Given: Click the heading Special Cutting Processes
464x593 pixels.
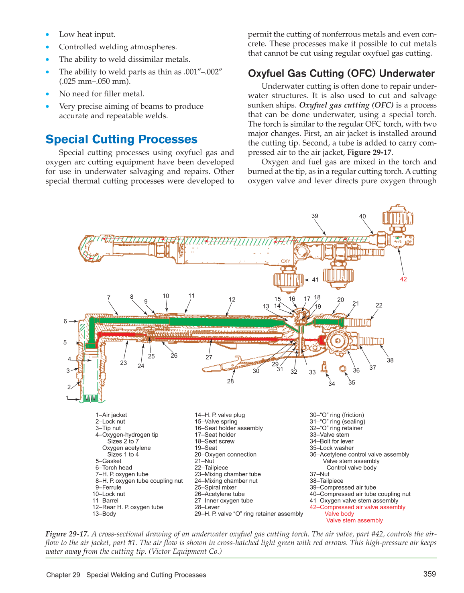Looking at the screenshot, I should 121,139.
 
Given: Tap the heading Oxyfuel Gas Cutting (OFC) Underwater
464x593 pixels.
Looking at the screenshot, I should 341,73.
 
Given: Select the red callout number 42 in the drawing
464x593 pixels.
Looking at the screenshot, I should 403,279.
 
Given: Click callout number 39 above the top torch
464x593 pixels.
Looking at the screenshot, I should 315,216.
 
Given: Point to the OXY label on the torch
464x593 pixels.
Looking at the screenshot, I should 285,261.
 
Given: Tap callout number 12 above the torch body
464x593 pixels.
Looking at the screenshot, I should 232,300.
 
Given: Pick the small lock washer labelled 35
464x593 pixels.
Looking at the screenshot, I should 343,369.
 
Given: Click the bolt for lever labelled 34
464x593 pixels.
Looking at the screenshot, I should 324,367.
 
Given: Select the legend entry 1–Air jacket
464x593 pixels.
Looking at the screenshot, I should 111,415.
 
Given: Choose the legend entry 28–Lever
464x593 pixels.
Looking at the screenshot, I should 207,507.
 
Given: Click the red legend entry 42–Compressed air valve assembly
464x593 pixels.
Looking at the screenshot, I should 357,507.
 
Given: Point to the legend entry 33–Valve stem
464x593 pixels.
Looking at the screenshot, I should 329,435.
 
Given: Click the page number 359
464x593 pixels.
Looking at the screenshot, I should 429,574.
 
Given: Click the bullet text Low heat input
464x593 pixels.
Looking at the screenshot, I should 87,34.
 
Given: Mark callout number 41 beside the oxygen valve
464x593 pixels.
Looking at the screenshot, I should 315,280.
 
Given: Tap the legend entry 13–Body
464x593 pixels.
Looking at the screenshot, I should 104,514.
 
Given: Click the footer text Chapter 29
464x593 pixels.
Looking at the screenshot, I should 63,575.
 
